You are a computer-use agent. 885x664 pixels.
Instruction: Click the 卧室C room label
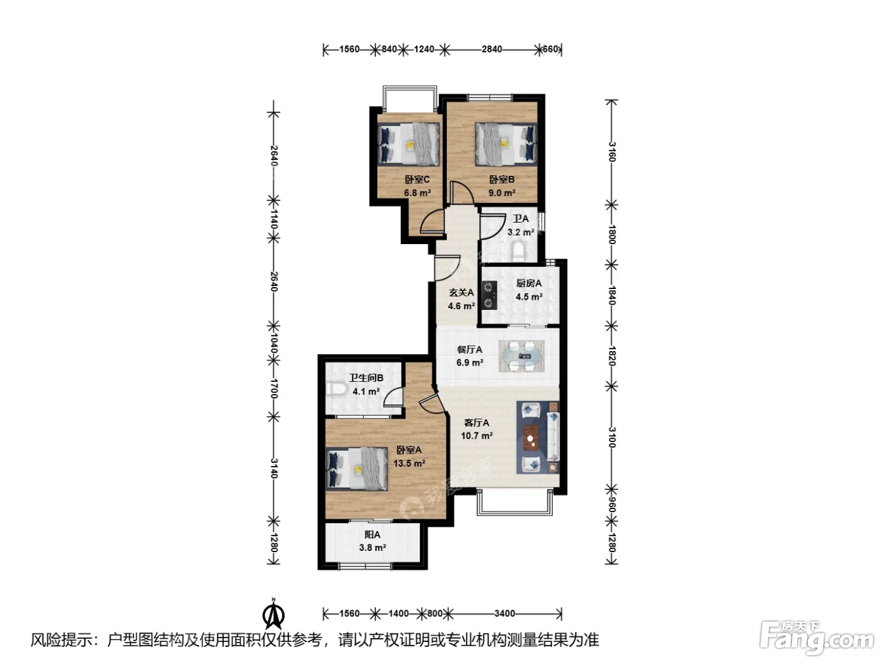(417, 180)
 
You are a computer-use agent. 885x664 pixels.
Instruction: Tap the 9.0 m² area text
(501, 193)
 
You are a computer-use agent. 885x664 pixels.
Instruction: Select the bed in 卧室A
(357, 469)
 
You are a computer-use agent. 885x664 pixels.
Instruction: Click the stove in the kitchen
(489, 295)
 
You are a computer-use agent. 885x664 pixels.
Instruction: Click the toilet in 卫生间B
(336, 389)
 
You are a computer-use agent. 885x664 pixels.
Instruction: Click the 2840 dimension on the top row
(492, 49)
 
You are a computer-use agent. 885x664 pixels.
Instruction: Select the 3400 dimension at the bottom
(504, 613)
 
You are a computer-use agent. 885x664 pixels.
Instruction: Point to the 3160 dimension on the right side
(612, 152)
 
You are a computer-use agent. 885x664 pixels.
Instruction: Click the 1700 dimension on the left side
(274, 389)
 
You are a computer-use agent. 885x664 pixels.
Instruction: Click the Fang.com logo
(817, 637)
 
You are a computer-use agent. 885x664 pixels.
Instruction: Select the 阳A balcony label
(372, 534)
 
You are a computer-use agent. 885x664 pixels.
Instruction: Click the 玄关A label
(461, 293)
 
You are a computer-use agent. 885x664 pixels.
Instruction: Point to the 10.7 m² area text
(477, 436)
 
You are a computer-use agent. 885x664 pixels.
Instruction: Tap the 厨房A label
(528, 283)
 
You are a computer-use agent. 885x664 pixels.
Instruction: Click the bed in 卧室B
(506, 144)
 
